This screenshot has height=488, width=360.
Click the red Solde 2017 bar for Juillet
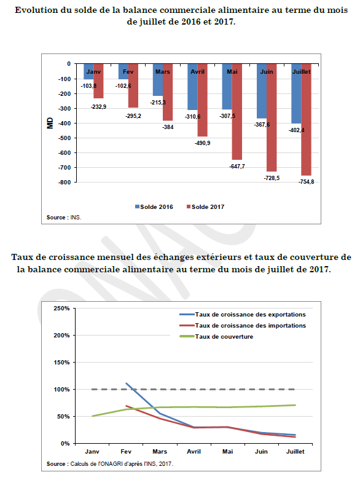tap(306, 119)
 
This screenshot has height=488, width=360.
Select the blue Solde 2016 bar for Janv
tap(88, 71)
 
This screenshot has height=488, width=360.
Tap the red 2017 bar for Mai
tap(237, 112)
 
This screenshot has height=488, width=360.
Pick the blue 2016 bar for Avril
tap(193, 87)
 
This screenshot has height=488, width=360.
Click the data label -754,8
tap(306, 182)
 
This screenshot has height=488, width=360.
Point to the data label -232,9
tap(98, 107)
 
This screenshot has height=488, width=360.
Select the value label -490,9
tap(202, 143)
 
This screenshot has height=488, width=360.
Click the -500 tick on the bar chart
tap(65, 138)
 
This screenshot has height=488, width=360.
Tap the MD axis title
tap(50, 123)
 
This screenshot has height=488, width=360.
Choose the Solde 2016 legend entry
tap(154, 207)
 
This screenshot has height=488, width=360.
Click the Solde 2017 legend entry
tap(205, 207)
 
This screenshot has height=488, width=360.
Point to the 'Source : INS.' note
tap(64, 218)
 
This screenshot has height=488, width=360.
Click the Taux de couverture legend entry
tap(217, 336)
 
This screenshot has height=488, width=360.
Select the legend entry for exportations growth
tap(243, 314)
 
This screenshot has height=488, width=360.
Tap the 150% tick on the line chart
tap(61, 362)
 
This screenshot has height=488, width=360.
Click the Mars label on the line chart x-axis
tap(160, 452)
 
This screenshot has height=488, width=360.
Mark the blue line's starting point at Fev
tap(126, 383)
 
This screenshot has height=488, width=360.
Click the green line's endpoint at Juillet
tap(295, 405)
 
